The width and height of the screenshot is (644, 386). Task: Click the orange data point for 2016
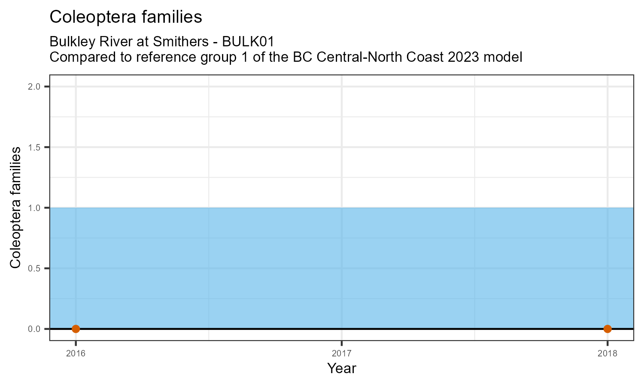pos(76,329)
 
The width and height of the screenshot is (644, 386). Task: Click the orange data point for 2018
pos(607,329)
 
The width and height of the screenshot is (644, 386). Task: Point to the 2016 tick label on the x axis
pos(76,353)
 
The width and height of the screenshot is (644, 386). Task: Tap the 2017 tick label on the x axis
pos(342,353)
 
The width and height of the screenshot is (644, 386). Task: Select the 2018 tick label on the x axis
pos(607,353)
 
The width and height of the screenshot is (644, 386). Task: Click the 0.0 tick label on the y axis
pos(34,329)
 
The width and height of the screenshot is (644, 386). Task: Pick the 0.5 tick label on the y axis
pos(34,268)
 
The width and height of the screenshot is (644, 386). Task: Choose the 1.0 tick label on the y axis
pos(34,208)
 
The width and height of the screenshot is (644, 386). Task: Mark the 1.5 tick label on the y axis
pos(34,148)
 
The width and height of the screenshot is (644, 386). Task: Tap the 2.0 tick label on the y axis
pos(34,87)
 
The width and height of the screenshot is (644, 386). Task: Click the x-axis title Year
pos(342,368)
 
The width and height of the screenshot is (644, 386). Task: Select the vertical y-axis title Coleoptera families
pos(15,208)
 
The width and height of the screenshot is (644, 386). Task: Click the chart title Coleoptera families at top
pos(126,17)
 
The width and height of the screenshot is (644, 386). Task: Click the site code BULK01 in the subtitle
pos(248,42)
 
